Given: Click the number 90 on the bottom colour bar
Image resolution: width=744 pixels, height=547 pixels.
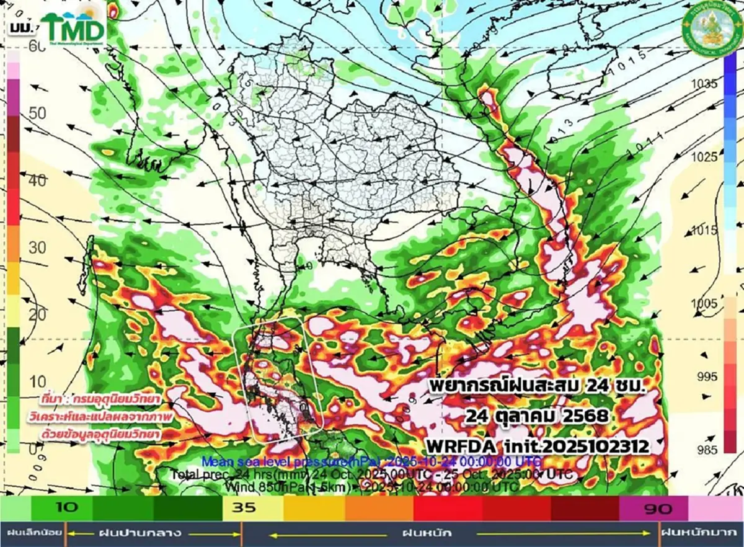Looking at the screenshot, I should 657,509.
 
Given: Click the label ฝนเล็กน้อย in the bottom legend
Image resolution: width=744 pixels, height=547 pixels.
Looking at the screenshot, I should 32,533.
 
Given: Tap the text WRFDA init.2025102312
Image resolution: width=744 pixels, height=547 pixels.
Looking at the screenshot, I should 536,445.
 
